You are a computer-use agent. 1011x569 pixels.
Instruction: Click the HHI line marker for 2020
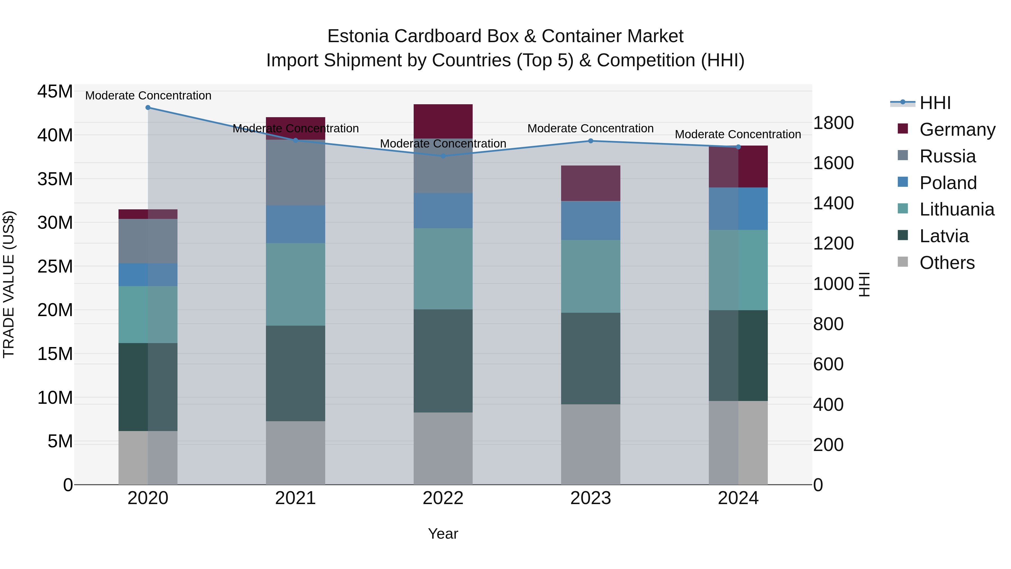point(148,108)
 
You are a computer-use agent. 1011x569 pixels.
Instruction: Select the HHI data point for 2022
point(443,156)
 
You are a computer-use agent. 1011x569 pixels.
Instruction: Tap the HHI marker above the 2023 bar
point(591,141)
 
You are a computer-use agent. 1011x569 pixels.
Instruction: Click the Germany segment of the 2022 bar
point(443,121)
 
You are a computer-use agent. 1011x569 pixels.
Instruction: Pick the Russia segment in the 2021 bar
point(295,173)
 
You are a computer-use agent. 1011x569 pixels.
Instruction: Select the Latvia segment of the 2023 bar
point(591,359)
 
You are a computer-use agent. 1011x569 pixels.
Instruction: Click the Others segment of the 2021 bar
point(295,453)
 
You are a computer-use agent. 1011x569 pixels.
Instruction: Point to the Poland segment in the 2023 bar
point(591,221)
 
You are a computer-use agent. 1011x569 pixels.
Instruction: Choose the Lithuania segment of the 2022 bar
point(443,269)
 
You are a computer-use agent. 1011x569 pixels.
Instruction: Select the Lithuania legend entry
point(957,209)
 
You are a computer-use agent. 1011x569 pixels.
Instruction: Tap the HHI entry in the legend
point(935,103)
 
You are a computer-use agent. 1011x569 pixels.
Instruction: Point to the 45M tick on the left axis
point(55,92)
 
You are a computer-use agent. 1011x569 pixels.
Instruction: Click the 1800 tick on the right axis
point(833,123)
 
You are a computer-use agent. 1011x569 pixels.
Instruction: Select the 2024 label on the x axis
point(738,498)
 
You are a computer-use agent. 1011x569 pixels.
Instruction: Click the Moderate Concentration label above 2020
point(148,96)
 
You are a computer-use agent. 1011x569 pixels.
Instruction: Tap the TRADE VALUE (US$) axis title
point(9,284)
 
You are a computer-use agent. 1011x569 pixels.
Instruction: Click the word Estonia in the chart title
point(358,36)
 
